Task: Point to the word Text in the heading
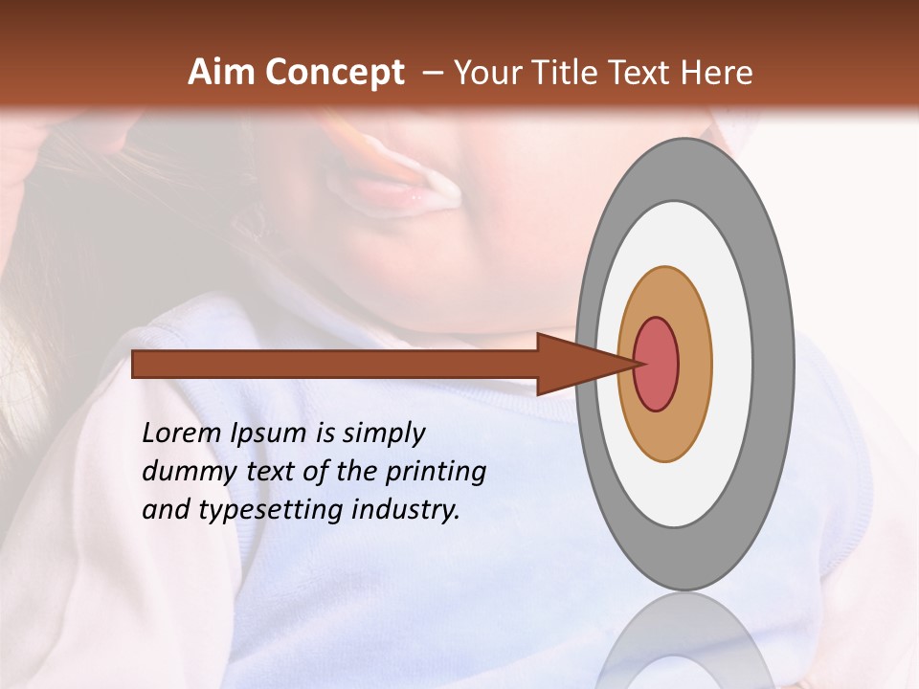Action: coord(643,73)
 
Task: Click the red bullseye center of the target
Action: coord(656,365)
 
